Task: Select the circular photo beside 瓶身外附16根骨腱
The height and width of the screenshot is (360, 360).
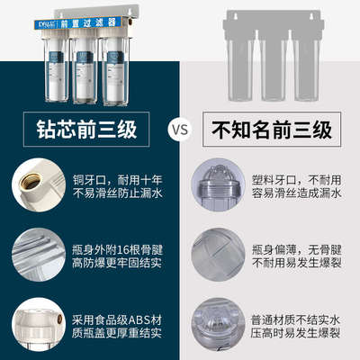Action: (x=36, y=251)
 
